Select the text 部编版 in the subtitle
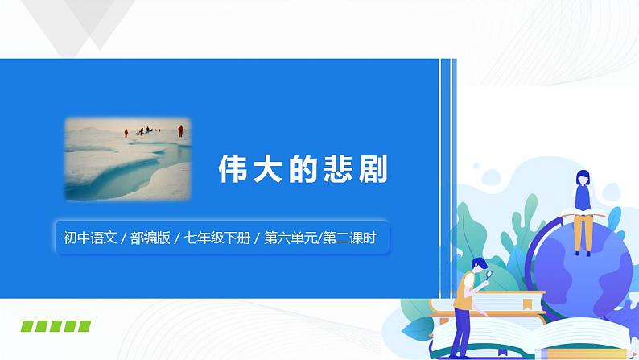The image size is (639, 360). tap(150, 238)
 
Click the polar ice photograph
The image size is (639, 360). tap(129, 158)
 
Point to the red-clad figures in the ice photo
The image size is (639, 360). tap(153, 130)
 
